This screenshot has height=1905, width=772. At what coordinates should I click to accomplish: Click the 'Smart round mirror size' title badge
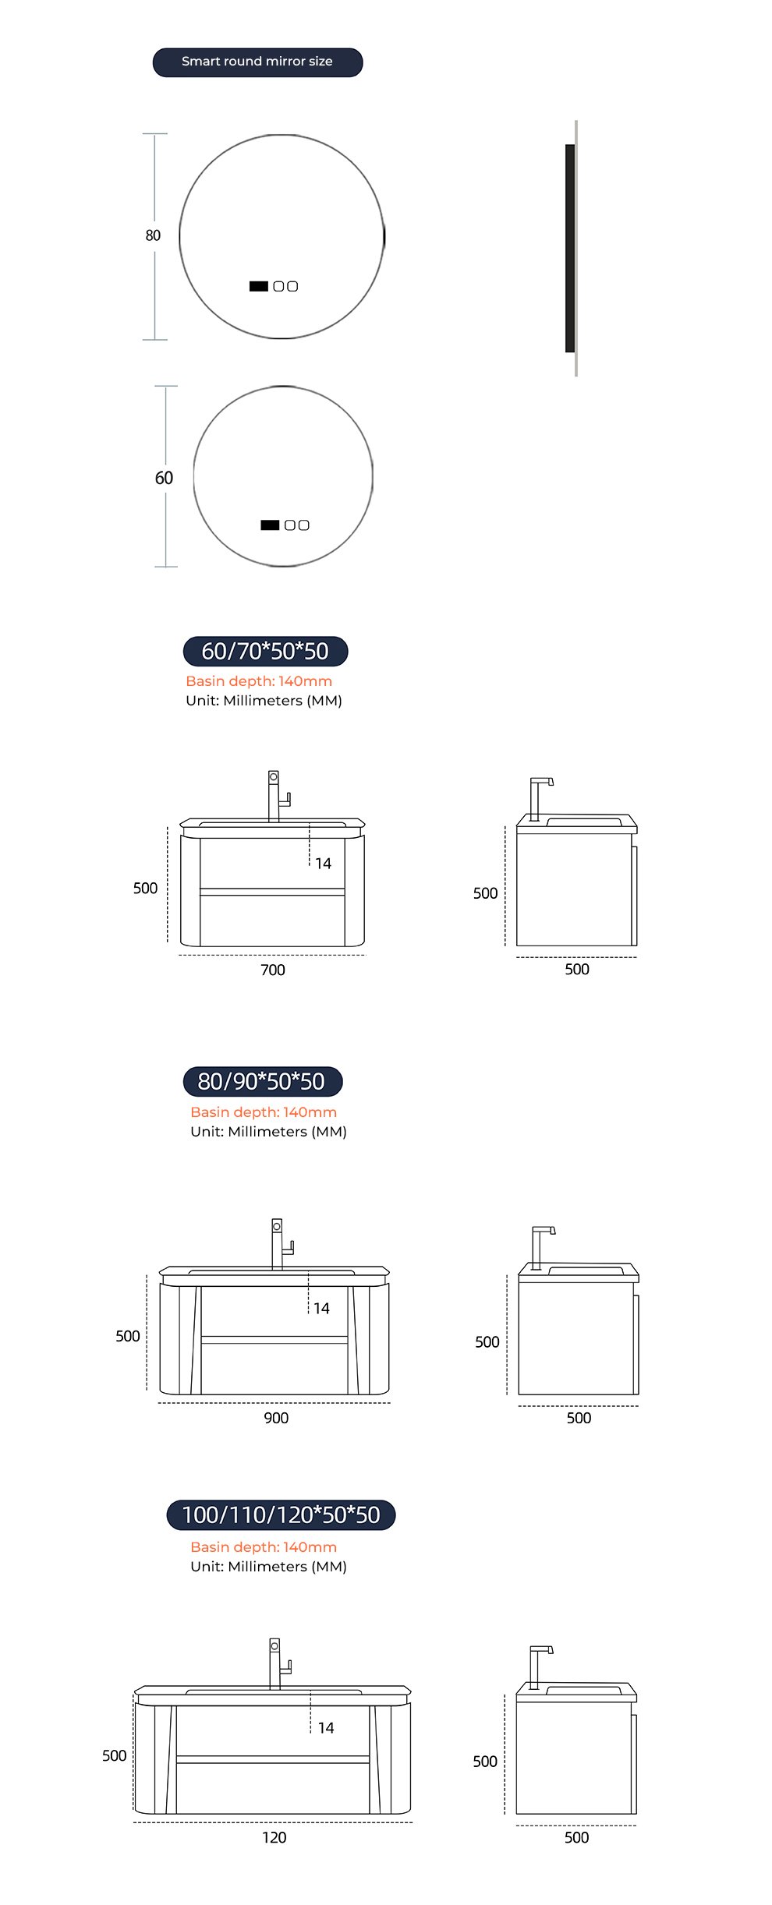257,62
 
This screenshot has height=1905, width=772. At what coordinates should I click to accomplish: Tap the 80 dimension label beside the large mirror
153,235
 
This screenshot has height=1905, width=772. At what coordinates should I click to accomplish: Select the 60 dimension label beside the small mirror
164,478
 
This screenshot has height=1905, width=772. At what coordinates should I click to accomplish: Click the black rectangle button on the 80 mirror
259,286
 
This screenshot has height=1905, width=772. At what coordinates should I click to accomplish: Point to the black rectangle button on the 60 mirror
270,525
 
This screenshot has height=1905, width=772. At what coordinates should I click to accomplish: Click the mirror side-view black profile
570,248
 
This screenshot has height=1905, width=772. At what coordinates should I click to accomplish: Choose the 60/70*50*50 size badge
265,651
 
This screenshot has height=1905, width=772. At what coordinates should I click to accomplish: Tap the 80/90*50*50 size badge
263,1081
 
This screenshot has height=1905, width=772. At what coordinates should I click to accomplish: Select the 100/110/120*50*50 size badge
281,1514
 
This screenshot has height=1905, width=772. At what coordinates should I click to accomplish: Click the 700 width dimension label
273,970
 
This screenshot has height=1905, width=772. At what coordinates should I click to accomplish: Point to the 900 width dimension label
276,1418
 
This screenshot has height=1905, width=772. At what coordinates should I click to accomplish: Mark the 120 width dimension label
274,1837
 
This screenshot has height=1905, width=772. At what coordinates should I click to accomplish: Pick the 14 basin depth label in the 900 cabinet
321,1308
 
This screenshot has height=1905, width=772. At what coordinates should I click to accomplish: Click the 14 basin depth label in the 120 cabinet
326,1728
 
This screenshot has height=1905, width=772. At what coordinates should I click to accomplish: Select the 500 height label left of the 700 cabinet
145,888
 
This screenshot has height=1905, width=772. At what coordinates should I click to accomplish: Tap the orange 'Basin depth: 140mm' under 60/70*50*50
259,681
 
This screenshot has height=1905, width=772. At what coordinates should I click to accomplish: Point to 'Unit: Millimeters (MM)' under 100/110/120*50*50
269,1566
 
